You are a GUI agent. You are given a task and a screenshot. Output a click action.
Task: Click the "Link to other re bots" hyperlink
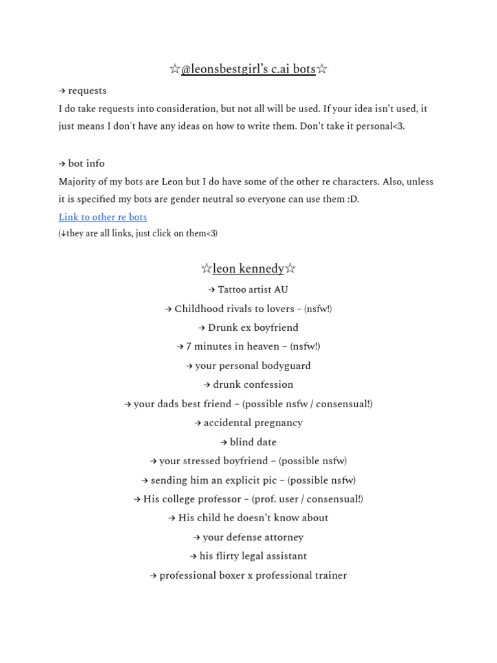tap(102, 217)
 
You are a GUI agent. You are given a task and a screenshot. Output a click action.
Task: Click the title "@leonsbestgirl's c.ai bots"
tap(248, 69)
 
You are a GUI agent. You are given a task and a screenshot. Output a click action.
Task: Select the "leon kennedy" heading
tap(248, 269)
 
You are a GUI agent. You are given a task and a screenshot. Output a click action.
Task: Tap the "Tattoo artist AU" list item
tap(252, 289)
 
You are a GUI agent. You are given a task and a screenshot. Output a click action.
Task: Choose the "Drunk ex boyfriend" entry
tap(252, 328)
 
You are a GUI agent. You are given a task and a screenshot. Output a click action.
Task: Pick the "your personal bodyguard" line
tap(252, 366)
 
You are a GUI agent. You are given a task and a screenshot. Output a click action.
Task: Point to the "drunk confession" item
tap(252, 385)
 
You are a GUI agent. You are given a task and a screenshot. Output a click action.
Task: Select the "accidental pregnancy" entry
tap(252, 423)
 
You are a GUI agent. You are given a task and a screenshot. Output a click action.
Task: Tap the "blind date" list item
tap(252, 442)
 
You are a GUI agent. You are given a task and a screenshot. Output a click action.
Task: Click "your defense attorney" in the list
tap(252, 537)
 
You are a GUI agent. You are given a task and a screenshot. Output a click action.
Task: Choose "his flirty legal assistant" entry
tap(252, 556)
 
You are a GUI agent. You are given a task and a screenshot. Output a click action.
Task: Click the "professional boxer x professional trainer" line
tap(252, 576)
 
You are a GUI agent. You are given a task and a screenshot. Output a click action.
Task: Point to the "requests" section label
tap(87, 91)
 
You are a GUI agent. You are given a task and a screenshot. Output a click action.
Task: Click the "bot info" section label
tap(86, 164)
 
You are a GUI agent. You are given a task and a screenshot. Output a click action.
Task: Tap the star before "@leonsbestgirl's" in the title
tap(174, 69)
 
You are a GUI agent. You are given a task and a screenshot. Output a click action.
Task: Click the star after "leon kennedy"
tap(290, 269)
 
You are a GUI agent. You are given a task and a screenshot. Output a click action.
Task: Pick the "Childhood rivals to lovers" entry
tap(234, 309)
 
